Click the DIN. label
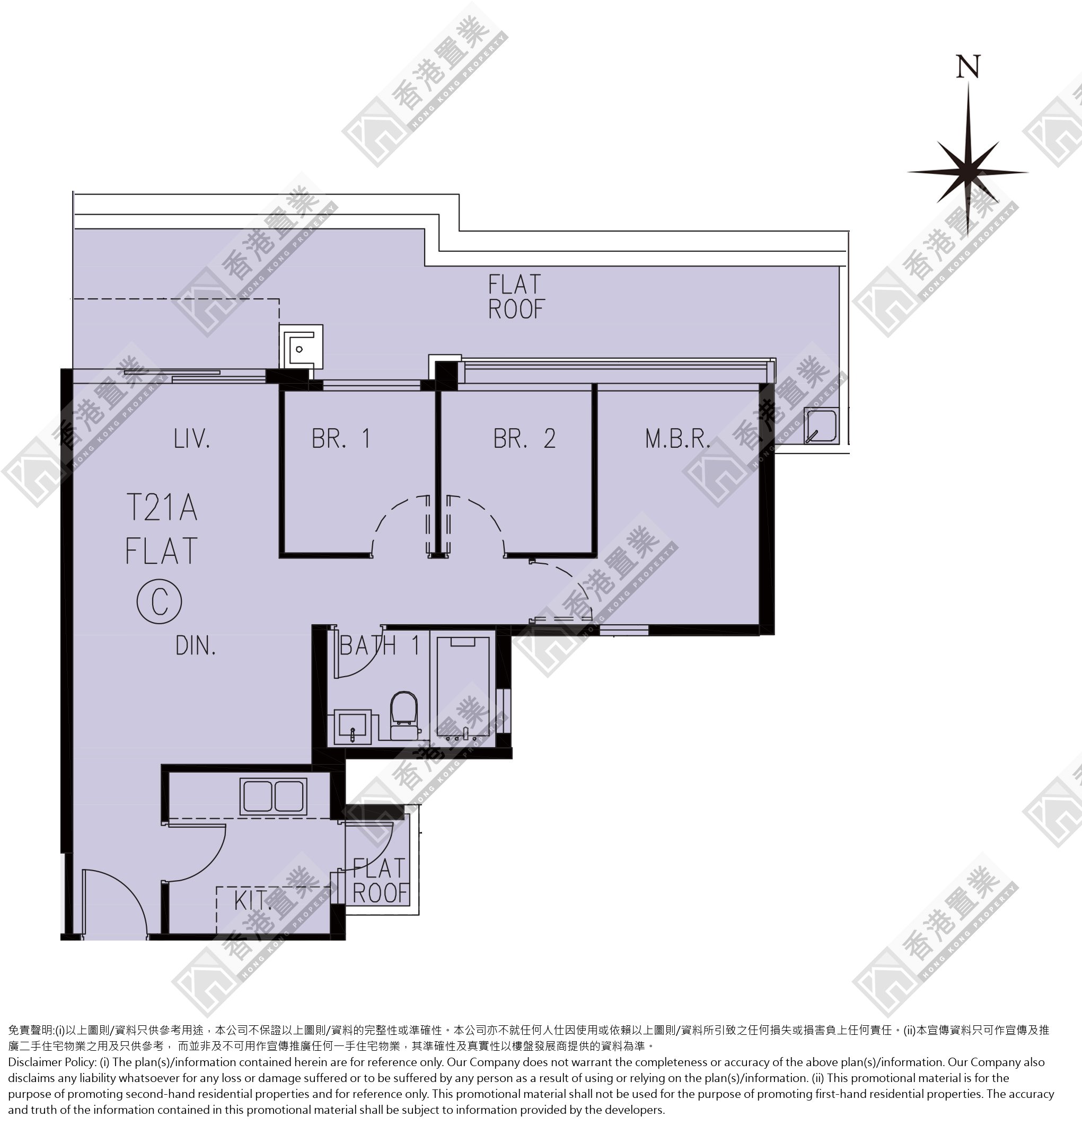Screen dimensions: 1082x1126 196,646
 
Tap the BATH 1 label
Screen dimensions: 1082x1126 380,646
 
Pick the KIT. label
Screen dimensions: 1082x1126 253,900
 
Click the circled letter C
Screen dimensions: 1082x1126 159,601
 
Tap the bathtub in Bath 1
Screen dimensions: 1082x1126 463,689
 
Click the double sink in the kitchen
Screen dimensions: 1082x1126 274,796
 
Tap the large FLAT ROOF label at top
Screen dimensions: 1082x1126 515,296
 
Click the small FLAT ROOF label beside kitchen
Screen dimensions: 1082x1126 380,881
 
